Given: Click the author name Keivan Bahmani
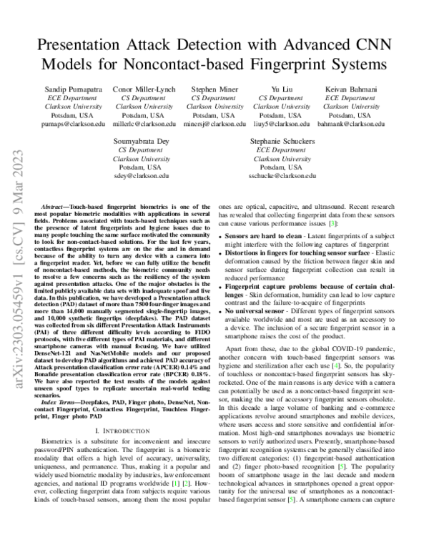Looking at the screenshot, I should pyautogui.click(x=351, y=89).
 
